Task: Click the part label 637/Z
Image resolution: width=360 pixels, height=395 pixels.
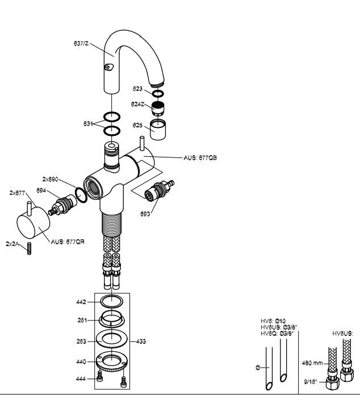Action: (81, 43)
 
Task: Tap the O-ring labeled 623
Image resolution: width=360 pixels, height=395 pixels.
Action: (158, 94)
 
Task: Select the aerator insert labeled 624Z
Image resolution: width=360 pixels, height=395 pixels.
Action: (158, 109)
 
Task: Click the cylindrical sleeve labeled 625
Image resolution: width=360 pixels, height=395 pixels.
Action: (158, 129)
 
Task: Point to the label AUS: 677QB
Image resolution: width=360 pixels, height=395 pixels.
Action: (200, 157)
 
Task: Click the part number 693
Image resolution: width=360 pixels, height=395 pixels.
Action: (145, 214)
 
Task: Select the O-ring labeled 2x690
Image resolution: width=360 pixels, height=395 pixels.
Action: (81, 195)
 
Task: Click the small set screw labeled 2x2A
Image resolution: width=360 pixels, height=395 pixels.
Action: (29, 248)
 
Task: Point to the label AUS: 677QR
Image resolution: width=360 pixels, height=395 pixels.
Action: (68, 242)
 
